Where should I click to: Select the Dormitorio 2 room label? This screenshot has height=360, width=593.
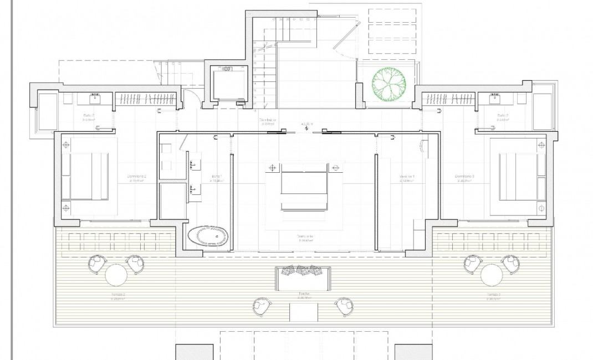[137, 177]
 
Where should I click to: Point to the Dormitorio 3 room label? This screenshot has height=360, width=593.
[464, 177]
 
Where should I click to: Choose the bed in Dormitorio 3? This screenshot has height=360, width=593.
[518, 177]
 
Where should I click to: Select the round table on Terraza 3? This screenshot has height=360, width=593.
[492, 275]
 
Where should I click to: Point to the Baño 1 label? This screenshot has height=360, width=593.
[216, 177]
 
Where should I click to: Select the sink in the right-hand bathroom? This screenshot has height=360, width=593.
[495, 99]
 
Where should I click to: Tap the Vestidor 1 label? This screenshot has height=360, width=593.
[407, 177]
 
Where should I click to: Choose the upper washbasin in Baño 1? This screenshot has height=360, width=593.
[195, 164]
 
